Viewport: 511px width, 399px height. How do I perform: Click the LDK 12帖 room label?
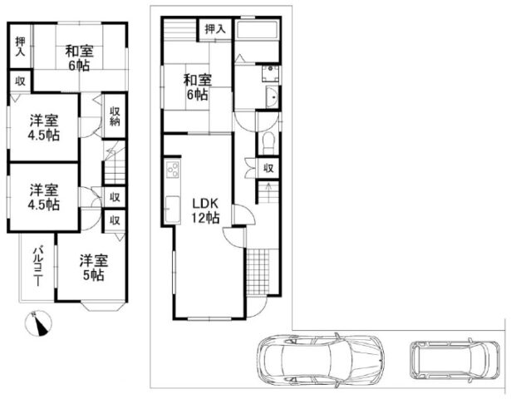(x=205, y=210)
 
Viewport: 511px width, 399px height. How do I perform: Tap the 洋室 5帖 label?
(x=94, y=268)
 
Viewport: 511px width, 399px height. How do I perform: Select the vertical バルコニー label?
(x=38, y=265)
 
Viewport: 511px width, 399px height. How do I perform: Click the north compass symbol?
(x=38, y=323)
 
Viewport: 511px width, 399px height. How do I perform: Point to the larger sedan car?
(x=320, y=361)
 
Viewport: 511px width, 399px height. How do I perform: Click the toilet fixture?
(x=269, y=144)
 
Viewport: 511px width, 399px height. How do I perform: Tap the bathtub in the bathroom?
(x=257, y=30)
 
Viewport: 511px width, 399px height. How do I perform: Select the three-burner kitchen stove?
(x=173, y=170)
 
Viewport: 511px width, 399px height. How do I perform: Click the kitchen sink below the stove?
(x=173, y=209)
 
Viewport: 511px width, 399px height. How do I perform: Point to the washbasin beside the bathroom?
(x=272, y=97)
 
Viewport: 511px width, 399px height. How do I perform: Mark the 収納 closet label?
(x=115, y=116)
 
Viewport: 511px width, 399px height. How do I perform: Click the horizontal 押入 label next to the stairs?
(x=215, y=29)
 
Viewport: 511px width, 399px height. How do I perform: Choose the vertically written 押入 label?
(x=20, y=47)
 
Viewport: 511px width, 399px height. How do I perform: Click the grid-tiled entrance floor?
(x=258, y=272)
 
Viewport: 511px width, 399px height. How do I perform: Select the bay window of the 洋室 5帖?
(x=103, y=307)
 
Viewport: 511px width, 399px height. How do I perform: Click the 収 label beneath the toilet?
(x=268, y=169)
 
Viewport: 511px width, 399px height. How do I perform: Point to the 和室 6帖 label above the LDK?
(x=197, y=87)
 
